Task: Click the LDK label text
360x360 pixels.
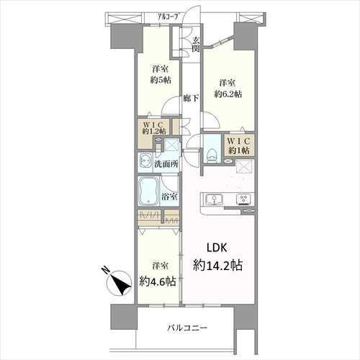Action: [x=217, y=248]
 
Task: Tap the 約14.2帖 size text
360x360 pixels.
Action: [x=217, y=266]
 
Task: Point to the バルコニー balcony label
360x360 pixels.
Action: [x=187, y=328]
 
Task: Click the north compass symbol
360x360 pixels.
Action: [x=120, y=283]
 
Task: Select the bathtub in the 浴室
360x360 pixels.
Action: [x=148, y=192]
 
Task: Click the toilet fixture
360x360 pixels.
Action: [x=212, y=155]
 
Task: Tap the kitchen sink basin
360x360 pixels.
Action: [x=214, y=199]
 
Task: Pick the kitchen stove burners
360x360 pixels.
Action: [x=244, y=199]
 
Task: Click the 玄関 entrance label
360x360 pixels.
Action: [x=196, y=45]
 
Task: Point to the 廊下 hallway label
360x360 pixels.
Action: [x=191, y=98]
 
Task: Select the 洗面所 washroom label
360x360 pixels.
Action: [x=166, y=164]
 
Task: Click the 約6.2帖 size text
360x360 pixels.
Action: [x=228, y=94]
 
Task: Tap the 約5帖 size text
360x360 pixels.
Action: [x=161, y=80]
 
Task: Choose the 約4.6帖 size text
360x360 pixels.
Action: [x=158, y=282]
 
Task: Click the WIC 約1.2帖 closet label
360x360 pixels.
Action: [x=153, y=128]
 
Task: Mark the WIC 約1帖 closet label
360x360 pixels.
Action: [x=239, y=145]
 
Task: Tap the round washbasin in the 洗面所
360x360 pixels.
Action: [x=145, y=161]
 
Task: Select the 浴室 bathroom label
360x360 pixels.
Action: [x=169, y=197]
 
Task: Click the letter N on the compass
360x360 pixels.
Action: [x=105, y=270]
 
